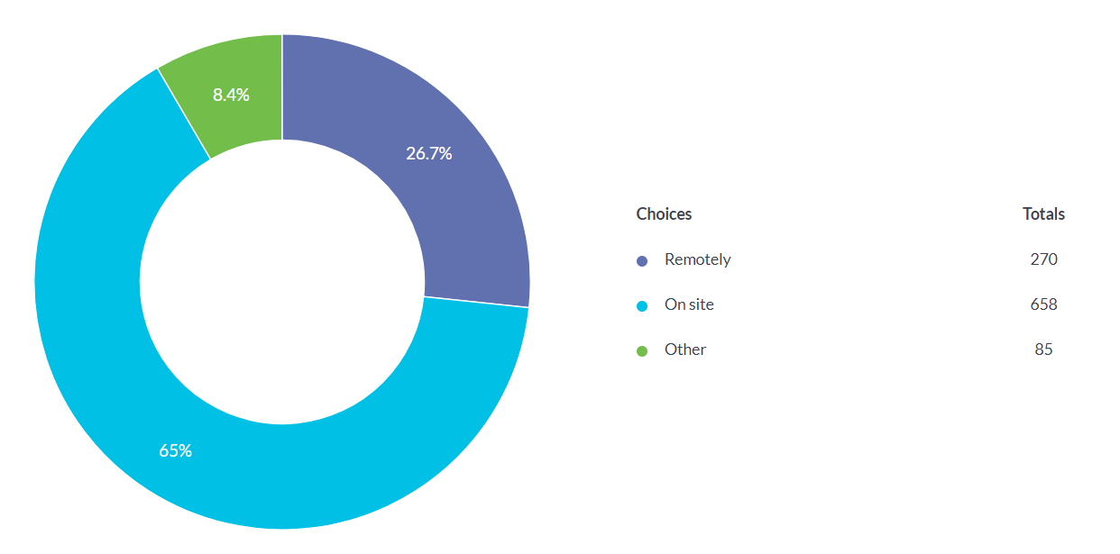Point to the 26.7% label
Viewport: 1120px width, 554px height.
pyautogui.click(x=428, y=153)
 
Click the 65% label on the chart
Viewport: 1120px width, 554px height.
pyautogui.click(x=176, y=450)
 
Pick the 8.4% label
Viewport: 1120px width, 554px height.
pyautogui.click(x=231, y=95)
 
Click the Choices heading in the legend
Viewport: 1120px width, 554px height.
pyautogui.click(x=664, y=214)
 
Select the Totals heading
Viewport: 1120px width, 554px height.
pyautogui.click(x=1043, y=214)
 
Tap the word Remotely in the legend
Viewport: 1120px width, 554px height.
pyautogui.click(x=697, y=259)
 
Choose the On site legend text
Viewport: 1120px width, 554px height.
pyautogui.click(x=689, y=304)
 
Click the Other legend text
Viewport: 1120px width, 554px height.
pyautogui.click(x=684, y=350)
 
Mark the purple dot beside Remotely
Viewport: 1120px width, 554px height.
pyautogui.click(x=642, y=261)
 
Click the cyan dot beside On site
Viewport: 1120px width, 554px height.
pyautogui.click(x=642, y=306)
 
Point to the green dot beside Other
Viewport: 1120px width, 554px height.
pyautogui.click(x=642, y=351)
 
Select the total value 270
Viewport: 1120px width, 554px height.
pyautogui.click(x=1043, y=259)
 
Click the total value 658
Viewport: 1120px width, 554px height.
pyautogui.click(x=1043, y=304)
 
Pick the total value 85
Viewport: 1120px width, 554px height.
pyautogui.click(x=1043, y=350)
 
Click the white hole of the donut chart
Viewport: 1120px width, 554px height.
pyautogui.click(x=282, y=282)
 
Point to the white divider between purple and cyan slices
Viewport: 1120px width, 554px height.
pyautogui.click(x=476, y=302)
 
